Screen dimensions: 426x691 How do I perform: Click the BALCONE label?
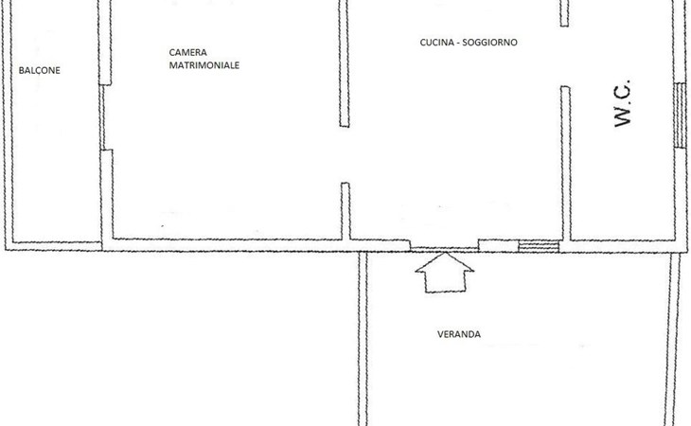pyautogui.click(x=39, y=69)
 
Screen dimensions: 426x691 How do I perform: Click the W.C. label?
pyautogui.click(x=622, y=104)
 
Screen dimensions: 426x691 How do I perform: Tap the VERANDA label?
pyautogui.click(x=458, y=334)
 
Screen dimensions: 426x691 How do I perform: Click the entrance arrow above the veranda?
pyautogui.click(x=445, y=274)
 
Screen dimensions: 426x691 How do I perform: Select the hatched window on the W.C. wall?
pyautogui.click(x=679, y=115)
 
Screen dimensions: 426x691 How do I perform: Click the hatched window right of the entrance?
pyautogui.click(x=539, y=246)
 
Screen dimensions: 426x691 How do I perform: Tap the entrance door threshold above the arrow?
pyautogui.click(x=445, y=247)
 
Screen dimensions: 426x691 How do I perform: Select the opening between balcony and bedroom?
pyautogui.click(x=103, y=117)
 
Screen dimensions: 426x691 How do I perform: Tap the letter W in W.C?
pyautogui.click(x=622, y=117)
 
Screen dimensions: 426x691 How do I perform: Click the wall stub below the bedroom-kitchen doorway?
pyautogui.click(x=345, y=210)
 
